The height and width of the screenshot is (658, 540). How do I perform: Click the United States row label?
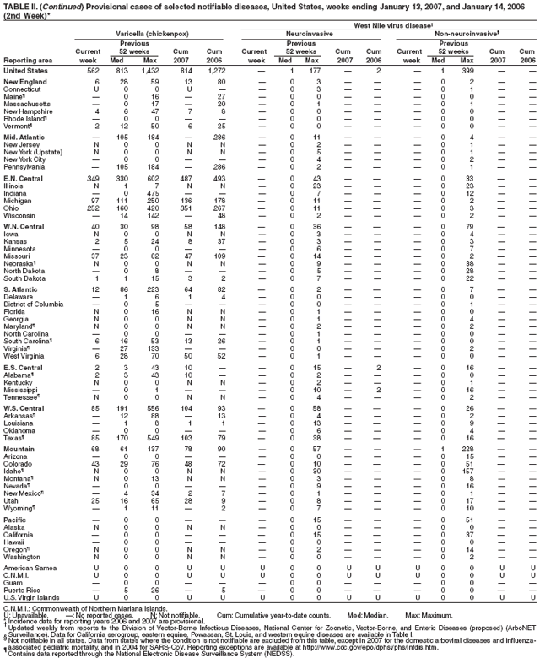25,70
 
